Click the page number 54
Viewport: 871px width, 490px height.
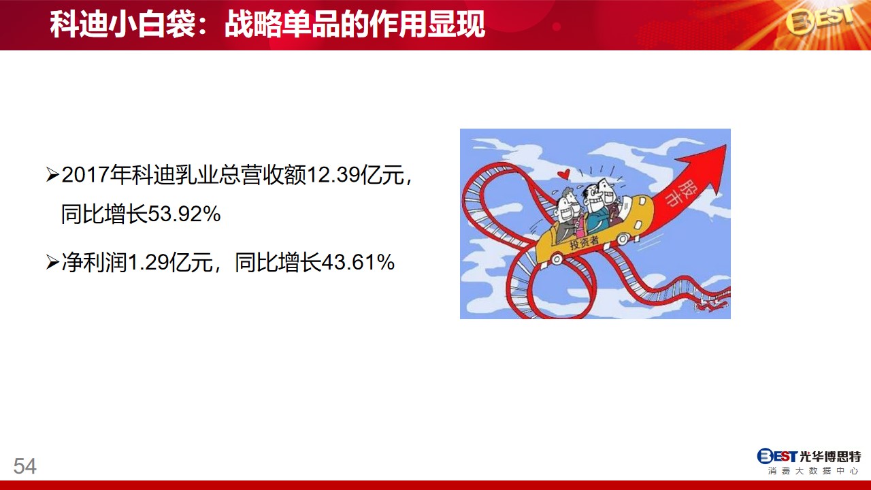[x=25, y=466]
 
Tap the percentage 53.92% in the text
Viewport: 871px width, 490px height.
[x=184, y=214]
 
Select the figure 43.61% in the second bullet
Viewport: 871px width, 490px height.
[x=358, y=262]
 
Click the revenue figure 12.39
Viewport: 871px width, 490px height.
[x=333, y=175]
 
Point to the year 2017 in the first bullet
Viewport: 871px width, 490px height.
[x=86, y=175]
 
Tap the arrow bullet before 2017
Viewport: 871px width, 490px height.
[x=52, y=175]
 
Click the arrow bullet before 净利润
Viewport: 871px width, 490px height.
[x=52, y=262]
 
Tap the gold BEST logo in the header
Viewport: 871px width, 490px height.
[x=820, y=20]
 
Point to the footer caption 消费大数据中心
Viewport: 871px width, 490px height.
[x=812, y=471]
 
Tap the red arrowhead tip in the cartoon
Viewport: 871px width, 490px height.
[x=726, y=145]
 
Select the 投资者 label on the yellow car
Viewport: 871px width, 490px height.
[x=584, y=242]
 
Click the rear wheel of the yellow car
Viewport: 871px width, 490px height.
[x=557, y=259]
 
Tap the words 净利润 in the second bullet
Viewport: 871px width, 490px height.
[x=95, y=262]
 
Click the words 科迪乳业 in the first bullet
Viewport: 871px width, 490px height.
[x=174, y=175]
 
